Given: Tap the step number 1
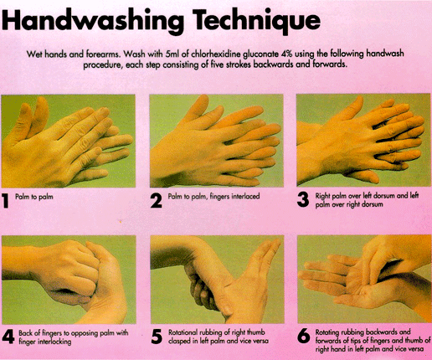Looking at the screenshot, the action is [6, 201].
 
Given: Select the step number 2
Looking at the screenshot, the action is [156, 201].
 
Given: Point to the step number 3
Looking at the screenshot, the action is [303, 199].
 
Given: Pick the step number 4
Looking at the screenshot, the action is [8, 337].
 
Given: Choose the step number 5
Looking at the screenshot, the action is [157, 337].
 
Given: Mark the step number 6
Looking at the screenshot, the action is [304, 336].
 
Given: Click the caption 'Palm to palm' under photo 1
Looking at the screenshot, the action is [34, 197].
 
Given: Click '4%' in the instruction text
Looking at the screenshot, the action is [286, 54].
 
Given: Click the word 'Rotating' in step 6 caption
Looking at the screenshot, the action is [327, 332].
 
